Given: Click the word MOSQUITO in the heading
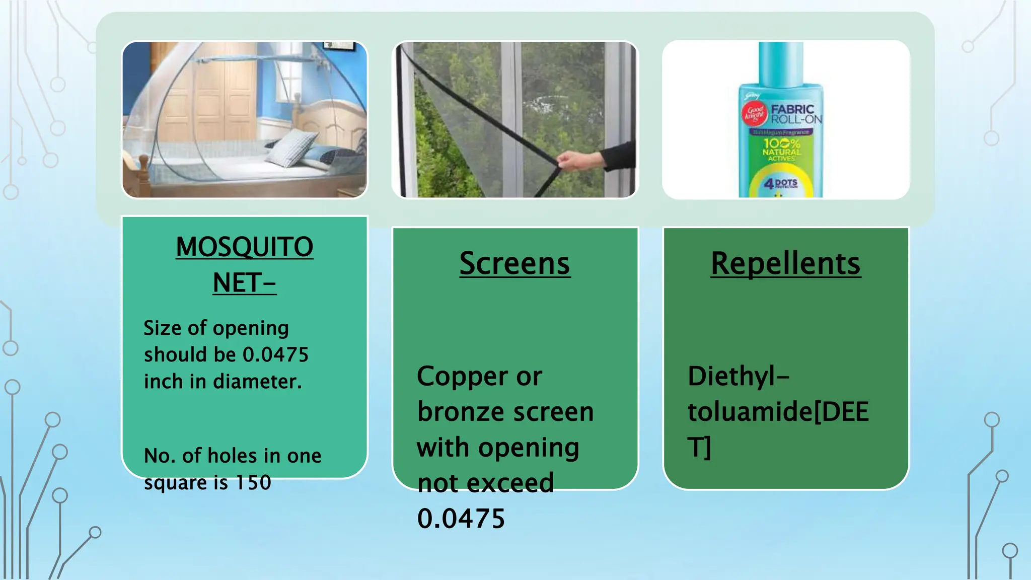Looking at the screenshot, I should click(x=245, y=247).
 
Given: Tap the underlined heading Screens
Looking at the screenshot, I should click(x=514, y=263).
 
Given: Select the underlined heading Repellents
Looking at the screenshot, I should click(x=785, y=263).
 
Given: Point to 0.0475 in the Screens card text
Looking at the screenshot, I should click(x=461, y=519).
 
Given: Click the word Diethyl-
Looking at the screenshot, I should click(x=738, y=376).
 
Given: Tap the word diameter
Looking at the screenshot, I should click(x=257, y=382).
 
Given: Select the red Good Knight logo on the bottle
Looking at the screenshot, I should click(x=755, y=114).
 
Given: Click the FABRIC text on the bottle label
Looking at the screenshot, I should click(x=792, y=109).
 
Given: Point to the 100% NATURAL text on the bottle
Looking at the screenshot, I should click(x=781, y=149).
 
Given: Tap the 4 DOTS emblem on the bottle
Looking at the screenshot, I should click(x=781, y=184).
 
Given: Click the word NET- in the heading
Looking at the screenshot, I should click(x=244, y=283).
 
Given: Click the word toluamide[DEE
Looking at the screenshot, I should click(x=778, y=412).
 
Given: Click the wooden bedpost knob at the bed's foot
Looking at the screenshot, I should click(x=143, y=162).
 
